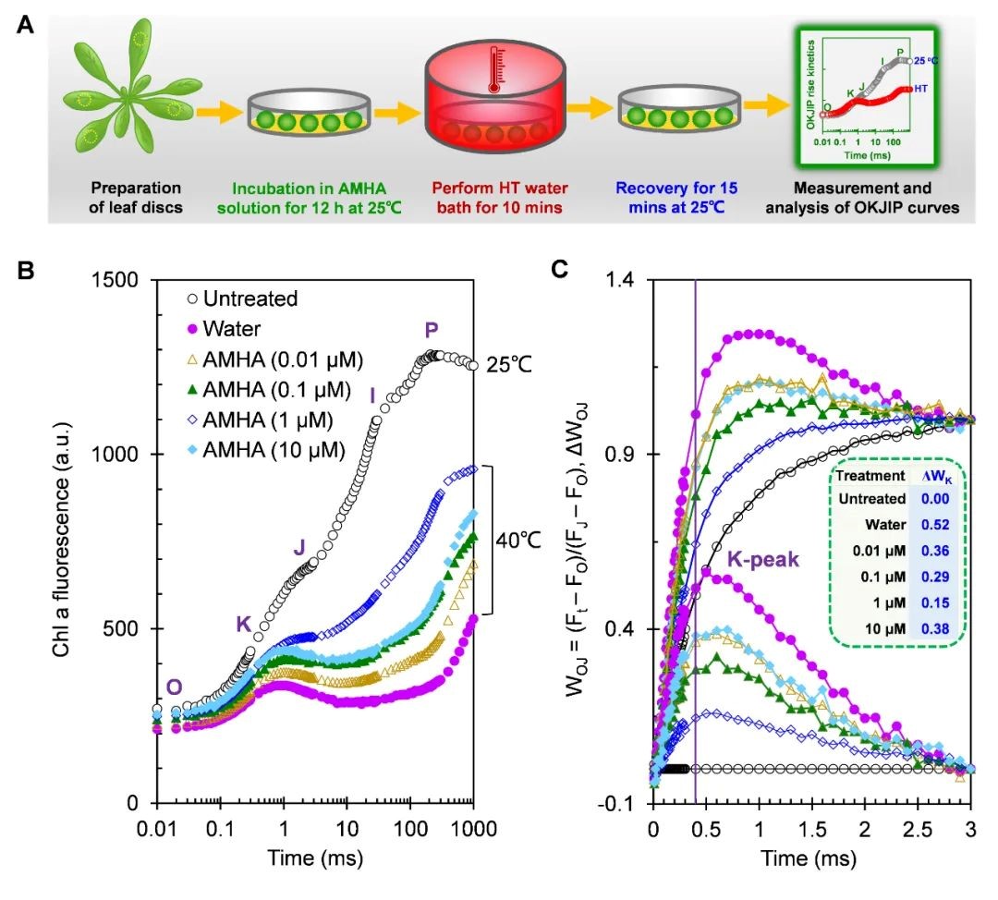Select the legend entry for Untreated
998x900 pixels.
pyautogui.click(x=241, y=298)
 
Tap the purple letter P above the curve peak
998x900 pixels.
pyautogui.click(x=432, y=330)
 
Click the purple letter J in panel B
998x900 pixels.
pyautogui.click(x=298, y=548)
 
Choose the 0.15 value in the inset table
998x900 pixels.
pyautogui.click(x=937, y=604)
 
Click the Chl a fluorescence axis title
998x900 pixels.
pyautogui.click(x=60, y=543)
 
